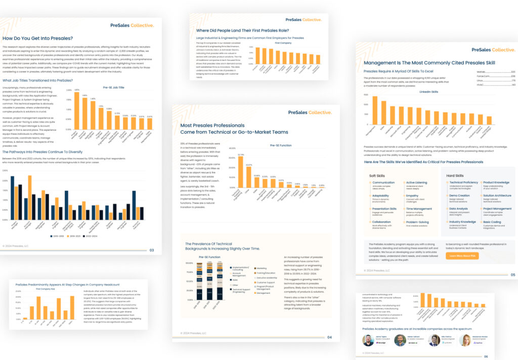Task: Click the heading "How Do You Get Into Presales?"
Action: pos(38,38)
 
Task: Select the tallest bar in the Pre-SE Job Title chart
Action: pos(77,108)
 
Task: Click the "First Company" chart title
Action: pos(283,43)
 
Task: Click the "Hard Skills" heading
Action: pos(456,175)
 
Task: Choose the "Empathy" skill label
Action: pos(412,195)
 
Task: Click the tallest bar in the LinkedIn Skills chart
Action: pos(375,110)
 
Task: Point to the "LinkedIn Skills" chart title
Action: pos(428,92)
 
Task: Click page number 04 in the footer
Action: pos(329,337)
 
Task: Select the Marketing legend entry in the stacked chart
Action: pos(263,268)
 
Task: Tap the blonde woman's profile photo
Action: pos(464,340)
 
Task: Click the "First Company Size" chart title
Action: pos(45,289)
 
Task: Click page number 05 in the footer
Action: pos(512,275)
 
